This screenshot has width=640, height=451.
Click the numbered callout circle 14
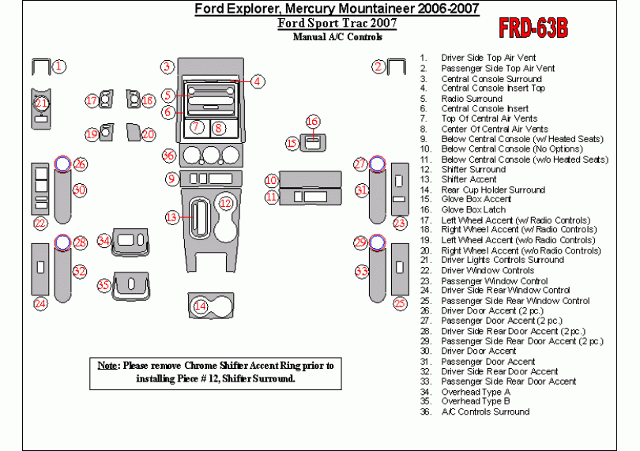coord(201,306)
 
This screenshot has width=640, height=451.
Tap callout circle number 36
coord(168,154)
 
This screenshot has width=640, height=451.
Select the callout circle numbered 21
coord(41,103)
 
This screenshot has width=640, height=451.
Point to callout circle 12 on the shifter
coord(226,204)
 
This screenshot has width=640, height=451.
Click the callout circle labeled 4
coord(258,81)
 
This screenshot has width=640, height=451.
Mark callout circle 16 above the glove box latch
coord(313,122)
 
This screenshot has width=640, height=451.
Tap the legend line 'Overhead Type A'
coord(476,392)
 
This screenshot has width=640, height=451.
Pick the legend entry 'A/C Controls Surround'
coord(485,412)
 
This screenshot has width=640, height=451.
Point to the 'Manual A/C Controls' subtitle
coord(337,36)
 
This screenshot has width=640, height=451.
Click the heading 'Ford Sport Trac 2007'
coord(337,23)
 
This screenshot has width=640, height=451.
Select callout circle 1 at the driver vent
coord(59,67)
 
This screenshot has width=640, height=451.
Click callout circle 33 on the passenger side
coord(362,272)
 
